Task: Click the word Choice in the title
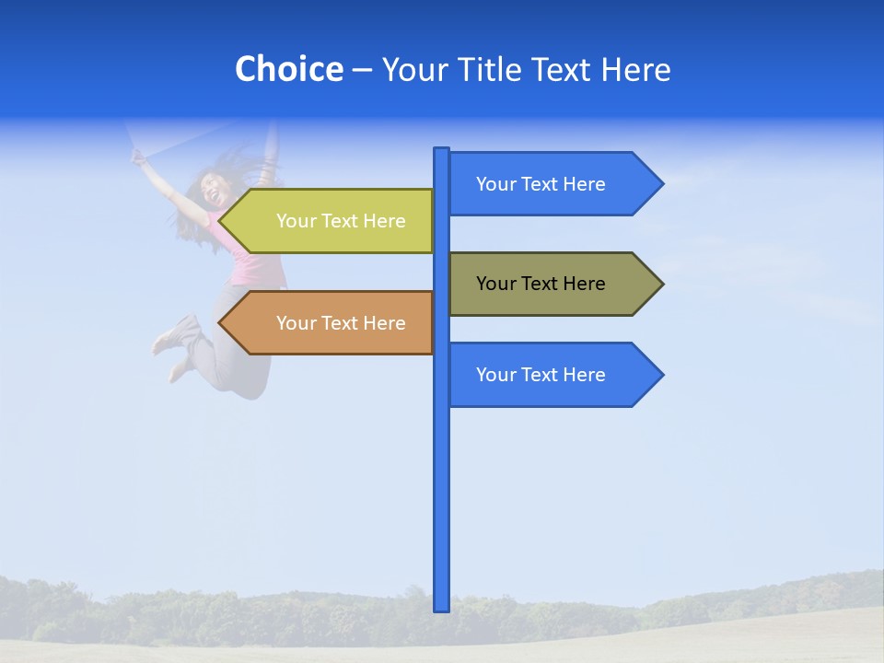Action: (288, 69)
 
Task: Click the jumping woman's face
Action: (213, 192)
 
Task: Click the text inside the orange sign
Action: (341, 323)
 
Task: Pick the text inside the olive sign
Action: (541, 284)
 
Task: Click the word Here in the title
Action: (635, 69)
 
